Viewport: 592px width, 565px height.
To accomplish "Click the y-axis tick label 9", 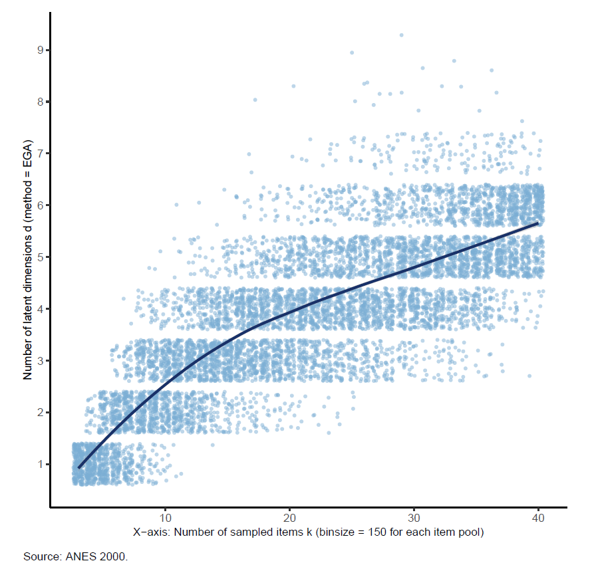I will (40, 50).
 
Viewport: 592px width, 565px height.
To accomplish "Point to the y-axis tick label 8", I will (40, 102).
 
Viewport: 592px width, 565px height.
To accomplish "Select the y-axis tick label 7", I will (40, 154).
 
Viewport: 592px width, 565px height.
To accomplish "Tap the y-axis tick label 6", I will (40, 205).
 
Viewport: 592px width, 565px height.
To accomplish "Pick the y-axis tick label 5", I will (40, 257).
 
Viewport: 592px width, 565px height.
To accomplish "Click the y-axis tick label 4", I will (40, 309).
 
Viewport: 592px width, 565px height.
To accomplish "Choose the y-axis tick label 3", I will (40, 361).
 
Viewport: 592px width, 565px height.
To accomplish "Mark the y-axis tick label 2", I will (40, 413).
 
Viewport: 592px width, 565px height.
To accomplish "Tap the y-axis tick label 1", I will (40, 465).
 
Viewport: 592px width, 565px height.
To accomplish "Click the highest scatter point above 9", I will (401, 35).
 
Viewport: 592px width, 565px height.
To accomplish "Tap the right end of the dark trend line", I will (537, 223).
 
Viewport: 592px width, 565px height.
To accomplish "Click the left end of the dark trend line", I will (78, 468).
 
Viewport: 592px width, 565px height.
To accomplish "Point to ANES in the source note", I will (74, 555).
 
